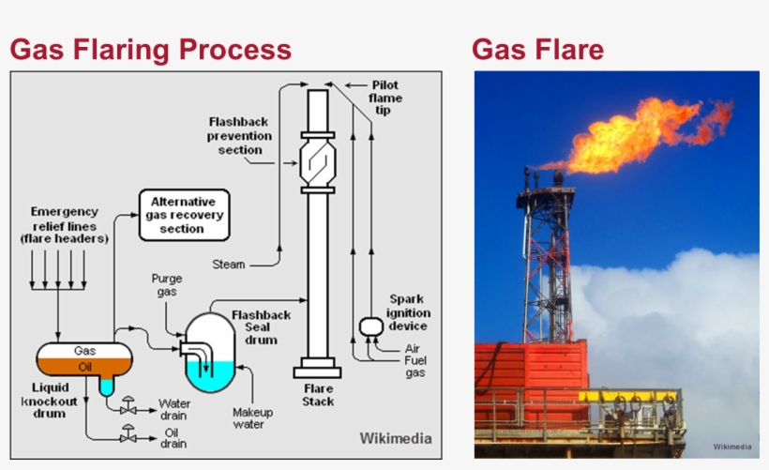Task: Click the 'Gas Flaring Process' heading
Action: (x=151, y=49)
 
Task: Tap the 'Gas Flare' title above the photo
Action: (x=537, y=49)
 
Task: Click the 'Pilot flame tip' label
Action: (x=384, y=98)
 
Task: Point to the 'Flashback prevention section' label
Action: (x=240, y=136)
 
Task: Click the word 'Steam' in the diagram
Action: (x=228, y=265)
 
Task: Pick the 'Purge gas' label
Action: (x=166, y=285)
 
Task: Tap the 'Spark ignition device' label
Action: (x=408, y=312)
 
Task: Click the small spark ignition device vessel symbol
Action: (x=369, y=326)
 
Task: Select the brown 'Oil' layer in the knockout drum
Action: (x=84, y=365)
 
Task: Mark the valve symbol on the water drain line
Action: (x=128, y=409)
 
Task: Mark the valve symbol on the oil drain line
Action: (x=128, y=436)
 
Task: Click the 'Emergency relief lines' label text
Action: (x=64, y=225)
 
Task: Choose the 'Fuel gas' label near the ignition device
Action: (x=414, y=366)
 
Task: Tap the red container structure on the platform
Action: (x=531, y=375)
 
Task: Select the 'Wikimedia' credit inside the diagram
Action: (x=396, y=438)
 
